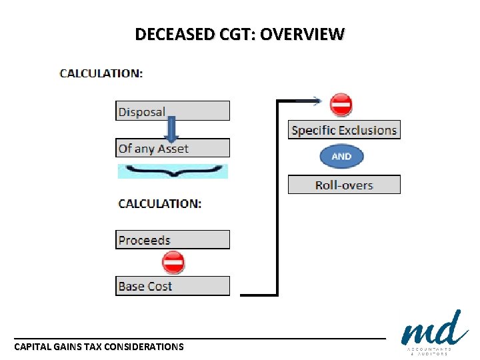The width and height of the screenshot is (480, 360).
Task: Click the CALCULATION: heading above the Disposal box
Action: click(x=101, y=73)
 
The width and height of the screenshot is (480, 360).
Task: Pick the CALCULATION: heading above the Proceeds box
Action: click(x=159, y=204)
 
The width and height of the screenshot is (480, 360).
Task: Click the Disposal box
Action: click(x=172, y=111)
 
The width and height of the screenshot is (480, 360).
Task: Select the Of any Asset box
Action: click(x=172, y=149)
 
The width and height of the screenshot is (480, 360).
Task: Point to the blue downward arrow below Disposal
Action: click(x=172, y=129)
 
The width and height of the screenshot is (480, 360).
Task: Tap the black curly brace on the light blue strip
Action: click(x=172, y=171)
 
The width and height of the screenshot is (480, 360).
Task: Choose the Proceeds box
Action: click(x=172, y=240)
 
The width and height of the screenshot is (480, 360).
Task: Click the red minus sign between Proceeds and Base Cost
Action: click(x=173, y=263)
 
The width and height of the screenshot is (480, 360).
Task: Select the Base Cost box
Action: click(x=172, y=286)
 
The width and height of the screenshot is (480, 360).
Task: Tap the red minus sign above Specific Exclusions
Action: click(x=341, y=105)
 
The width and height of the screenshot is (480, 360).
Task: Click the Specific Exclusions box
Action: click(x=344, y=130)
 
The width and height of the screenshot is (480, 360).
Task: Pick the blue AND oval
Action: click(x=341, y=157)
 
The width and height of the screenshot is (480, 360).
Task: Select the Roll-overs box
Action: click(x=344, y=185)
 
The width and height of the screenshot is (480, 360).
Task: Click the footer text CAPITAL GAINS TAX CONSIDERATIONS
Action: click(x=99, y=347)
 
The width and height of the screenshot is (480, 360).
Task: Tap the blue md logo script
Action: click(x=434, y=329)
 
